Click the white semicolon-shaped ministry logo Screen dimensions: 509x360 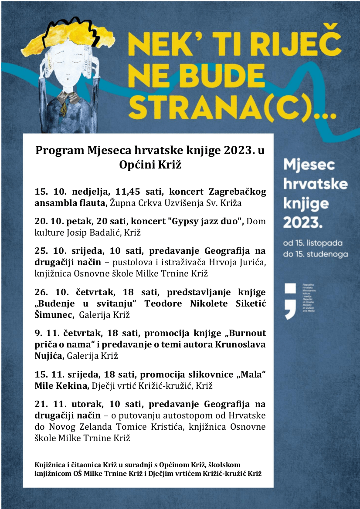[290, 300]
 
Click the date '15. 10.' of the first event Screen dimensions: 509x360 [45, 192]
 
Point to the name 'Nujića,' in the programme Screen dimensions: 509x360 [50, 356]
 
